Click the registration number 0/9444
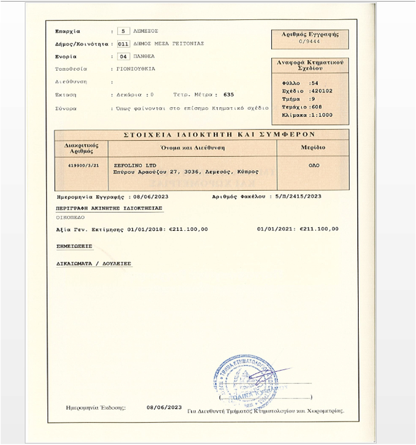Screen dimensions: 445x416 (x=310, y=41)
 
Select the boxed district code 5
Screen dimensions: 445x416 (x=123, y=31)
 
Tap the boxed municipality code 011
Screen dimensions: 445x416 (x=123, y=44)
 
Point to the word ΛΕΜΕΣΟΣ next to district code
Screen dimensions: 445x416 (x=145, y=31)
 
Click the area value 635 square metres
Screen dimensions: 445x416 (x=228, y=95)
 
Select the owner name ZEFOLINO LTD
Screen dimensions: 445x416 (x=134, y=166)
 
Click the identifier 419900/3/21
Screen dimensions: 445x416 (x=81, y=166)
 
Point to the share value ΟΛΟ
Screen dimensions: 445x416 (x=313, y=166)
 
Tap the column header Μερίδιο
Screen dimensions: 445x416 (x=313, y=148)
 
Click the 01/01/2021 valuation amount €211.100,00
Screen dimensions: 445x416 (x=319, y=229)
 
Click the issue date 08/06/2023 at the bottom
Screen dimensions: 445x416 (x=164, y=407)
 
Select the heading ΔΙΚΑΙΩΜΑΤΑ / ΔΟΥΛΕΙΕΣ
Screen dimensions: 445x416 (x=94, y=263)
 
